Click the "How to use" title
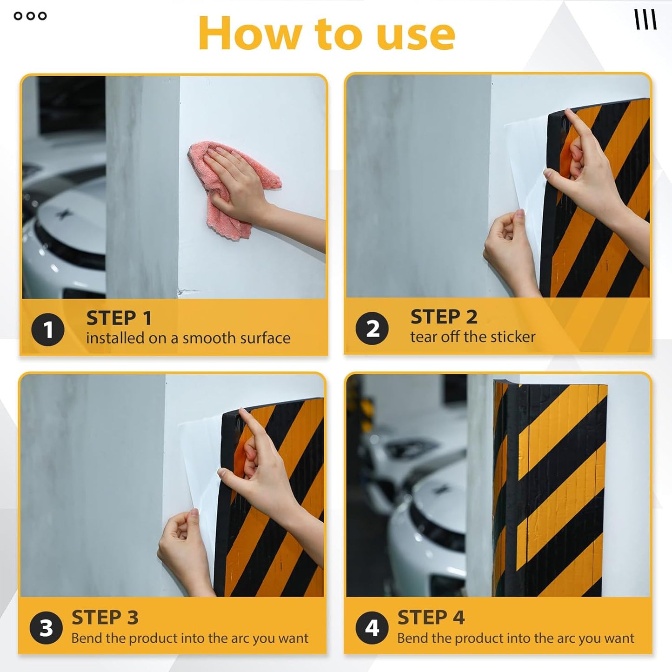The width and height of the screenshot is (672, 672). click(x=326, y=33)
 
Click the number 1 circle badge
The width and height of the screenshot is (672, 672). click(x=48, y=330)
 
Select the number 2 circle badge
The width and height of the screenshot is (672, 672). click(x=372, y=328)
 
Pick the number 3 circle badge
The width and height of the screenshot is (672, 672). click(x=46, y=628)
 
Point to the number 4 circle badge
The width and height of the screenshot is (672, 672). click(x=372, y=628)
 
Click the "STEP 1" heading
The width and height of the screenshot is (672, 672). click(x=119, y=318)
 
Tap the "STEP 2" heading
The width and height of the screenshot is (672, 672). click(x=444, y=317)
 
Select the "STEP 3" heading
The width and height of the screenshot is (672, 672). click(x=105, y=618)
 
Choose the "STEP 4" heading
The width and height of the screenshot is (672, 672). click(x=431, y=618)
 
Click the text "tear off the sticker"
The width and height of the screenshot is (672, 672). click(x=472, y=337)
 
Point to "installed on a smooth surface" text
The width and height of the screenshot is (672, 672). click(x=188, y=338)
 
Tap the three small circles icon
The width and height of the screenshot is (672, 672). click(x=30, y=16)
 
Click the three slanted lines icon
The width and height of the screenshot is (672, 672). click(x=645, y=20)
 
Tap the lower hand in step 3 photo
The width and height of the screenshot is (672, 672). click(x=184, y=549)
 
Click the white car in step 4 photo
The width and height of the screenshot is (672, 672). click(x=428, y=526)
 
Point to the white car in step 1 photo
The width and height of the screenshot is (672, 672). click(x=63, y=233)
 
